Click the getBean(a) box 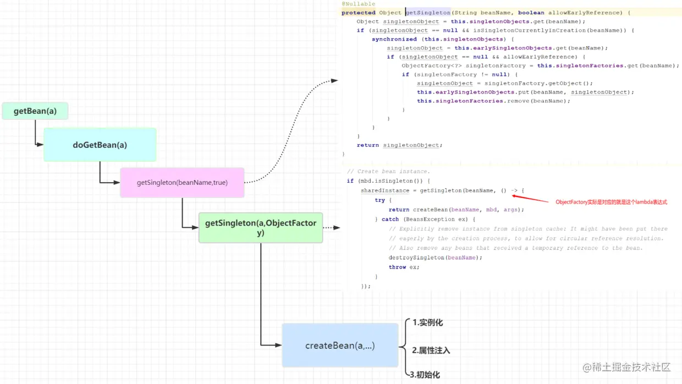[35, 111]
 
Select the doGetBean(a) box [100, 145]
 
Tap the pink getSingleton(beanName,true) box [182, 183]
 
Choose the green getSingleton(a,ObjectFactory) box [261, 228]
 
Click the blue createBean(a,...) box [340, 345]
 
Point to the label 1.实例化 [427, 323]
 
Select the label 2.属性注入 [431, 350]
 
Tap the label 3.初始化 [425, 375]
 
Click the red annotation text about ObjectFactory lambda [611, 202]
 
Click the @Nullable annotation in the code [358, 4]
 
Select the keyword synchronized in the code [394, 39]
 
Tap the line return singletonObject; [399, 145]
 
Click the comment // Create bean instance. [388, 172]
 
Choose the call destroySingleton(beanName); [435, 257]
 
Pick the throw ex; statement [404, 267]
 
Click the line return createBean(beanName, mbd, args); [456, 210]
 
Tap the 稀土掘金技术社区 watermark [627, 367]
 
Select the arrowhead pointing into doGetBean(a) [40, 145]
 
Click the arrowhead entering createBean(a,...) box [278, 345]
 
